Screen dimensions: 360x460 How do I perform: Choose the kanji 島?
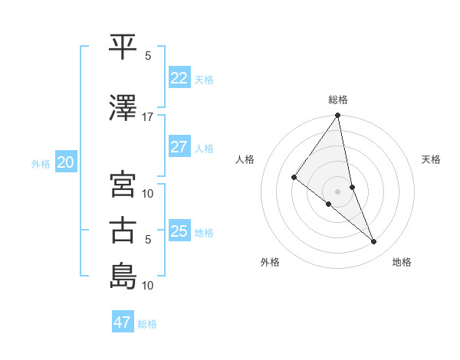pyautogui.click(x=123, y=276)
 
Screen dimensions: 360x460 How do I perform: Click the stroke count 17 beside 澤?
pyautogui.click(x=147, y=117)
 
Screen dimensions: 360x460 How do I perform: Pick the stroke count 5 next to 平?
pyautogui.click(x=148, y=56)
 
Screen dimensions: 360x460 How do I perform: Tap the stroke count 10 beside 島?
pyautogui.click(x=148, y=286)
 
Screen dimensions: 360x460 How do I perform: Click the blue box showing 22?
pyautogui.click(x=179, y=77)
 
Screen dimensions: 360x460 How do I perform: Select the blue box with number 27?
pyautogui.click(x=179, y=147)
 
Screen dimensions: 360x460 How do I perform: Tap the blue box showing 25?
pyautogui.click(x=179, y=231)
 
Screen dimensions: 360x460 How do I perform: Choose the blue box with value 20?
pyautogui.click(x=65, y=162)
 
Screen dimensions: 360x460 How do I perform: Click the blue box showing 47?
pyautogui.click(x=123, y=322)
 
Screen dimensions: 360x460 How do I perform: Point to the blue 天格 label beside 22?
pyautogui.click(x=204, y=79)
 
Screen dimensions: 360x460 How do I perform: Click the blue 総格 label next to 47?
pyautogui.click(x=147, y=324)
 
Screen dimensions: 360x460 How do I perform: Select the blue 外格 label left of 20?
pyautogui.click(x=41, y=164)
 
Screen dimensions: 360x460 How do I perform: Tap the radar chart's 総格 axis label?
pyautogui.click(x=338, y=100)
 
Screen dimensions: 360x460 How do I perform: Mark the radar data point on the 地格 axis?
pyautogui.click(x=374, y=242)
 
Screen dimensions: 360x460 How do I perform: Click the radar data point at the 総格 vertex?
pyautogui.click(x=338, y=116)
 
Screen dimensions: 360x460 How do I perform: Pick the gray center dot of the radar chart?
pyautogui.click(x=338, y=191)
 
